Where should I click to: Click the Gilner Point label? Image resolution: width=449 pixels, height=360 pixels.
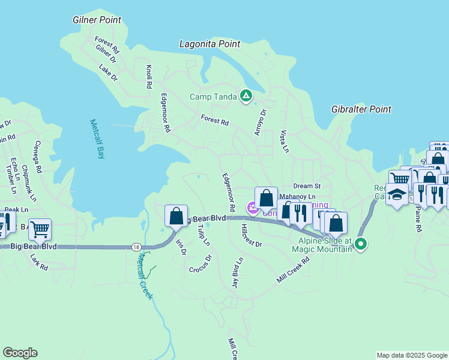(x=97, y=20)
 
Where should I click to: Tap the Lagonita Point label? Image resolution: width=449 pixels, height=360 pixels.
(x=210, y=44)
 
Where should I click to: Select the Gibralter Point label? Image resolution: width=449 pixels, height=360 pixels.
(x=361, y=109)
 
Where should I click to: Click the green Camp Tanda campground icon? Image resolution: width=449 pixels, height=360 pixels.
(x=246, y=95)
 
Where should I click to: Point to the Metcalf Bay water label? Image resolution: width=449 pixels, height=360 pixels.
(x=97, y=139)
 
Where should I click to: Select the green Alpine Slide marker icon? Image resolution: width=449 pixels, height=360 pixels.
(x=361, y=244)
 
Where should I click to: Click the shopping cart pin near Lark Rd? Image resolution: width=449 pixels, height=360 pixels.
(x=40, y=229)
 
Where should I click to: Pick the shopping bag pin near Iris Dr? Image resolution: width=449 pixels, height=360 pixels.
(x=176, y=215)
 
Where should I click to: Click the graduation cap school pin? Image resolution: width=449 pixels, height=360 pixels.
(x=397, y=194)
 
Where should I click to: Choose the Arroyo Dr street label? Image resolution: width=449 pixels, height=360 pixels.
(x=260, y=122)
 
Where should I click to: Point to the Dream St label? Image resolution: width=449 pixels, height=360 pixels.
(x=307, y=186)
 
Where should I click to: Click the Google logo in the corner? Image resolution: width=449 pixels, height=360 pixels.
(x=20, y=353)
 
